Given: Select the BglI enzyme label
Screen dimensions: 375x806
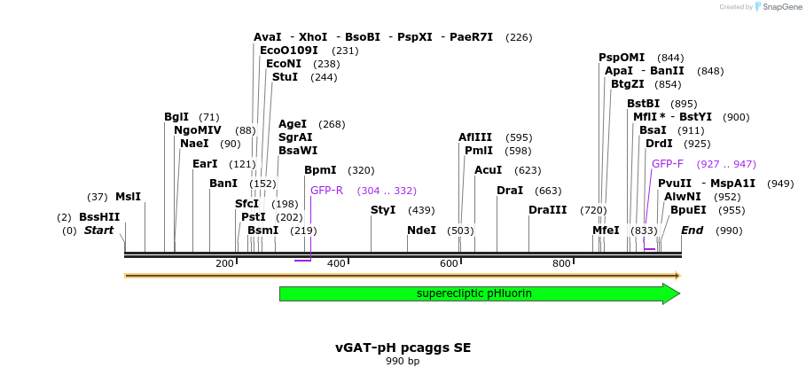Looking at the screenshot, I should point(176,117).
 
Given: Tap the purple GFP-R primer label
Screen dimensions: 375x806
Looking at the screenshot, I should point(326,191).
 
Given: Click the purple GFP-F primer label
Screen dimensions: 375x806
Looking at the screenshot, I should point(668,164).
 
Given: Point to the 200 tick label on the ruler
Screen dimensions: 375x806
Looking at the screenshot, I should point(224,263).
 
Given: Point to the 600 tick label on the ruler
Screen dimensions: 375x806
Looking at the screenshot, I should point(449,263).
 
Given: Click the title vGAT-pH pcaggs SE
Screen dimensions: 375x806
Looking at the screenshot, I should point(403,348).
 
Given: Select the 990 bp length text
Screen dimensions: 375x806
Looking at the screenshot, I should point(403,361).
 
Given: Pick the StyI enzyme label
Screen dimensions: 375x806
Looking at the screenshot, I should point(383,210).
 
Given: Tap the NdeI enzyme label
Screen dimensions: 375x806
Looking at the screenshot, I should point(421,230).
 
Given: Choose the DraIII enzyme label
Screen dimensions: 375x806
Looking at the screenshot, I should point(547,210).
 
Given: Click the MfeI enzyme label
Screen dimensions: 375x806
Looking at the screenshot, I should point(606,230).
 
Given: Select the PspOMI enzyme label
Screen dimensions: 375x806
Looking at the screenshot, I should point(622,58).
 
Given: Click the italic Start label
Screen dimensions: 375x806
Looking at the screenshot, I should point(99,230).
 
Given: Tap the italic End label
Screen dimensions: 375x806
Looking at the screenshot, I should point(692,230).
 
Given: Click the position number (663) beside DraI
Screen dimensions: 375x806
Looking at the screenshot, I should point(549,191).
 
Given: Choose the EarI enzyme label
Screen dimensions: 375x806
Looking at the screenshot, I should point(205,164).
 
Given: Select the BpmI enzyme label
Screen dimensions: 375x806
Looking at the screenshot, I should point(320,170).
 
